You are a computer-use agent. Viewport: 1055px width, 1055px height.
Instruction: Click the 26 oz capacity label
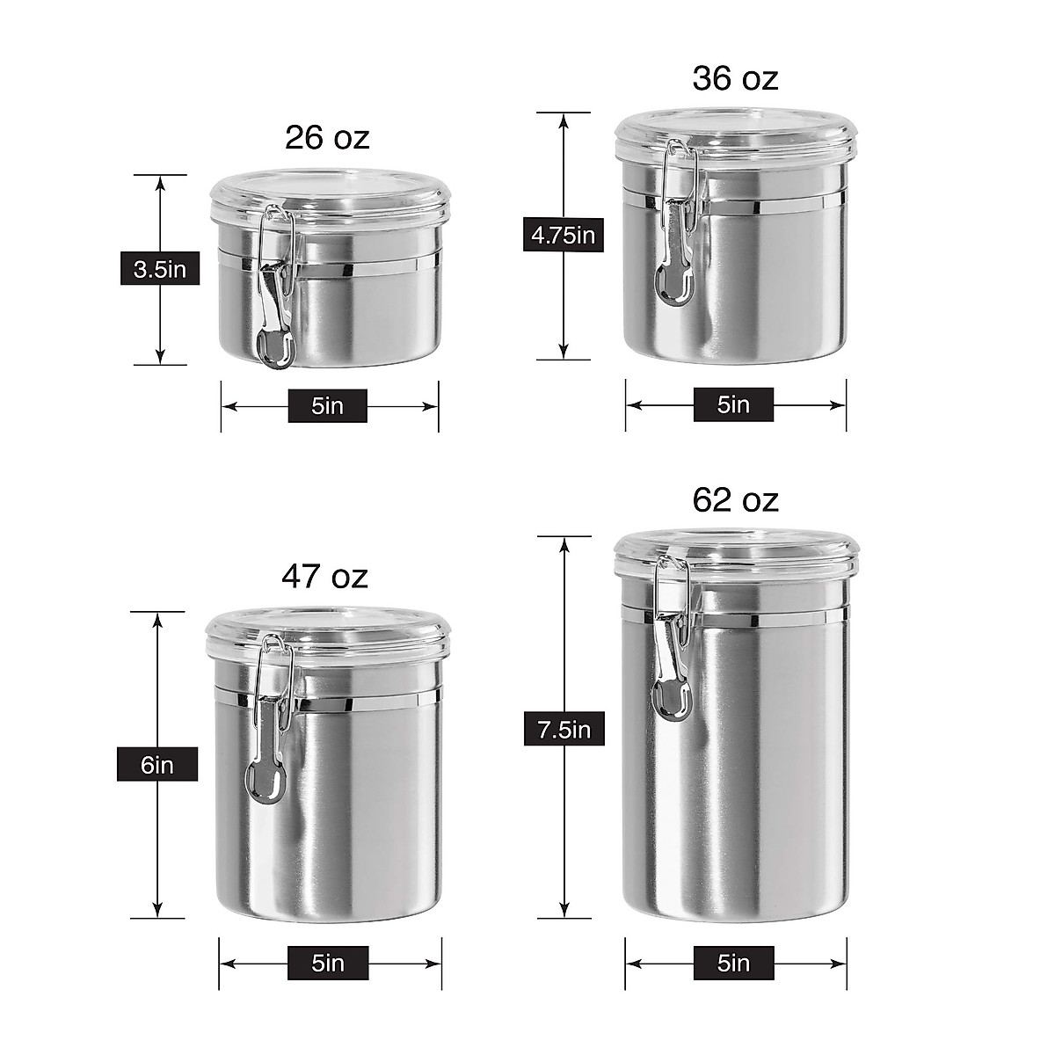point(327,138)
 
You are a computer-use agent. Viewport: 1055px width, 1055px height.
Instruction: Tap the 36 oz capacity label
point(735,78)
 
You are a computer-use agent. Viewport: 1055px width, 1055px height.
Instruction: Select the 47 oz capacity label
point(324,577)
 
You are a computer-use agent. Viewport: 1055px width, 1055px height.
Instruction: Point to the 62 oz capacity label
point(735,499)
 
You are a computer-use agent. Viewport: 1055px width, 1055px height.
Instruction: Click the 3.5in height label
point(160,269)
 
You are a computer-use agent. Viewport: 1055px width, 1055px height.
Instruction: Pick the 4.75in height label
point(564,236)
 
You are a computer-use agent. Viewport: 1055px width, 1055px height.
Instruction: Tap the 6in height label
point(157,765)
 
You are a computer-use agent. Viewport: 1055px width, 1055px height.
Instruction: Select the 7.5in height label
point(564,730)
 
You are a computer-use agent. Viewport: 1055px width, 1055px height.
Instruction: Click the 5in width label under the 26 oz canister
point(327,406)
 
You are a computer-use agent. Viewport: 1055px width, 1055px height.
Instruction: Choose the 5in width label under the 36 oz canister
point(733,404)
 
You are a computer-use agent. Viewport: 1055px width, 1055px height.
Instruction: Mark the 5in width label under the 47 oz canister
point(328,963)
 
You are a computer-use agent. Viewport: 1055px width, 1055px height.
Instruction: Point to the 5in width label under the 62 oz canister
point(733,964)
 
